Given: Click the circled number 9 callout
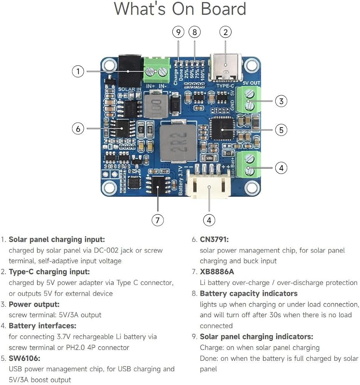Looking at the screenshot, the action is coord(178,32).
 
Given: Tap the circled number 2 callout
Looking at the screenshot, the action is coord(225,32).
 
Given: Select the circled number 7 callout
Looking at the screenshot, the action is coord(158,220).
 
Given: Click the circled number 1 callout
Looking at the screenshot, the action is coord(78,71).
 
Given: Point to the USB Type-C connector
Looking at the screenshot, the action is coord(225,67).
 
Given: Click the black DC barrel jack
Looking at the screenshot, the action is coord(130,70).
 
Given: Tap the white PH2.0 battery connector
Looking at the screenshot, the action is coord(209,182).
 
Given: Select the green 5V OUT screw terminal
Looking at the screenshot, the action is coord(248,99).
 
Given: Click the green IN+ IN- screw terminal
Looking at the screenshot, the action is coord(156,70).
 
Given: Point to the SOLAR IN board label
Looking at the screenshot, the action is coord(130,89).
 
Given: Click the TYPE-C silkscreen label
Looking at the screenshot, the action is coord(225,86).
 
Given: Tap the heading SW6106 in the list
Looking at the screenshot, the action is coord(24,358).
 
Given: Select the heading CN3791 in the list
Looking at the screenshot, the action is coord(214,239).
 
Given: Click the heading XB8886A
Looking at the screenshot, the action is coord(217,271).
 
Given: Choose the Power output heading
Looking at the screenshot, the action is coord(34,305).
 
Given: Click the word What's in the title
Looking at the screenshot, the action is coord(140,9).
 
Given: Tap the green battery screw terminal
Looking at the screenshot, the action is coord(248,164).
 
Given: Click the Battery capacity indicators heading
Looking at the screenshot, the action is coord(249,293).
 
